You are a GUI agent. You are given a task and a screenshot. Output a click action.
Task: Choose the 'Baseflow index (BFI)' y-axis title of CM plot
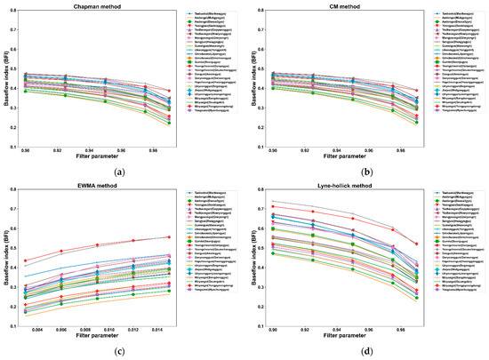point(250,80)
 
